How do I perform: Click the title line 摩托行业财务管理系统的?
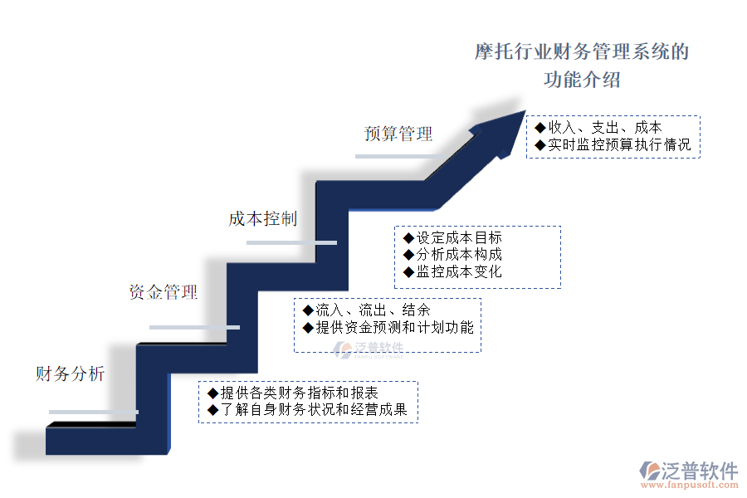[x=581, y=53]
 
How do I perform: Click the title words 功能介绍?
[x=582, y=81]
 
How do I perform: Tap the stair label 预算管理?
[x=398, y=134]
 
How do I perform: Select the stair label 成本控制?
[x=262, y=219]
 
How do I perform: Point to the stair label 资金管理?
[x=164, y=292]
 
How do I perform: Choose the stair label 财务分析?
[x=70, y=374]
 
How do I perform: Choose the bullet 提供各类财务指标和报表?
[x=299, y=393]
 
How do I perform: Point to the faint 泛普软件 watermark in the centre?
[x=369, y=349]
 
